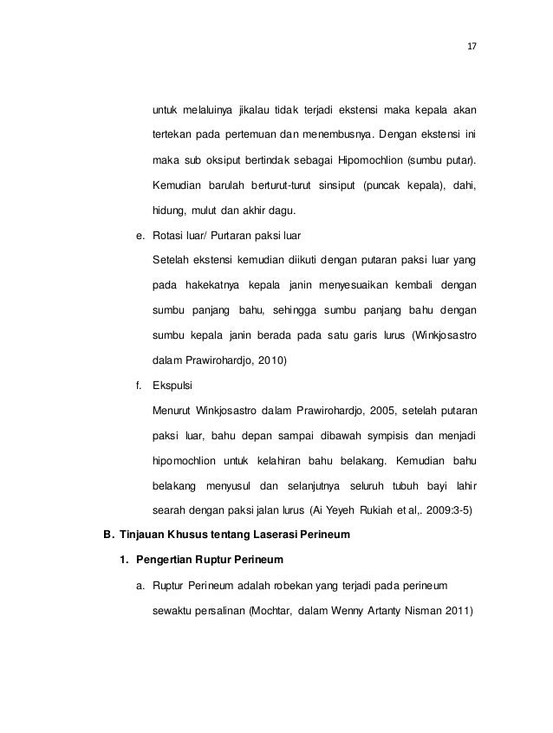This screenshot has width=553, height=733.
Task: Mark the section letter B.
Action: (107, 535)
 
